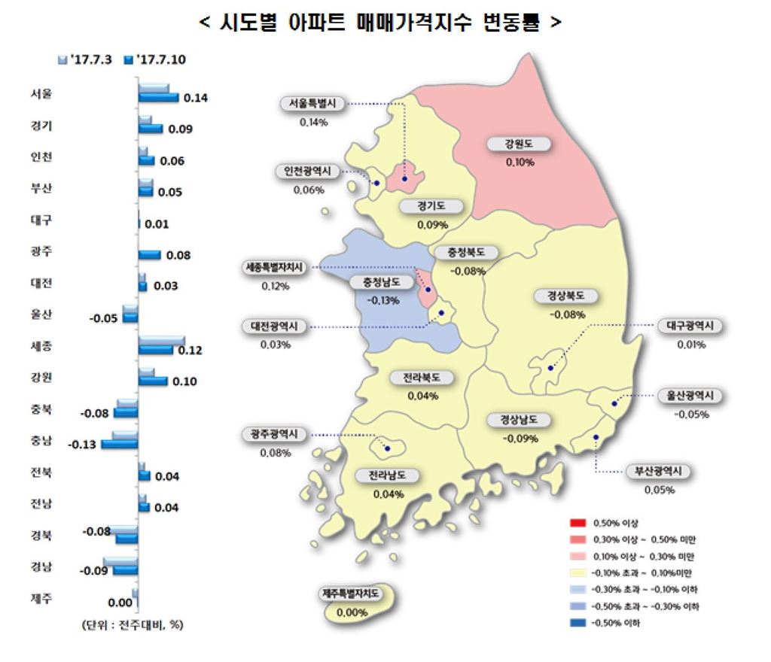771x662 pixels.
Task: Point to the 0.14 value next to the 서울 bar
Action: click(x=195, y=98)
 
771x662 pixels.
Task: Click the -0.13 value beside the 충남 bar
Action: click(x=81, y=445)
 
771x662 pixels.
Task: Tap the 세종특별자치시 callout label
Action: click(x=275, y=268)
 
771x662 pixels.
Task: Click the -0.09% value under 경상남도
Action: click(x=519, y=438)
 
